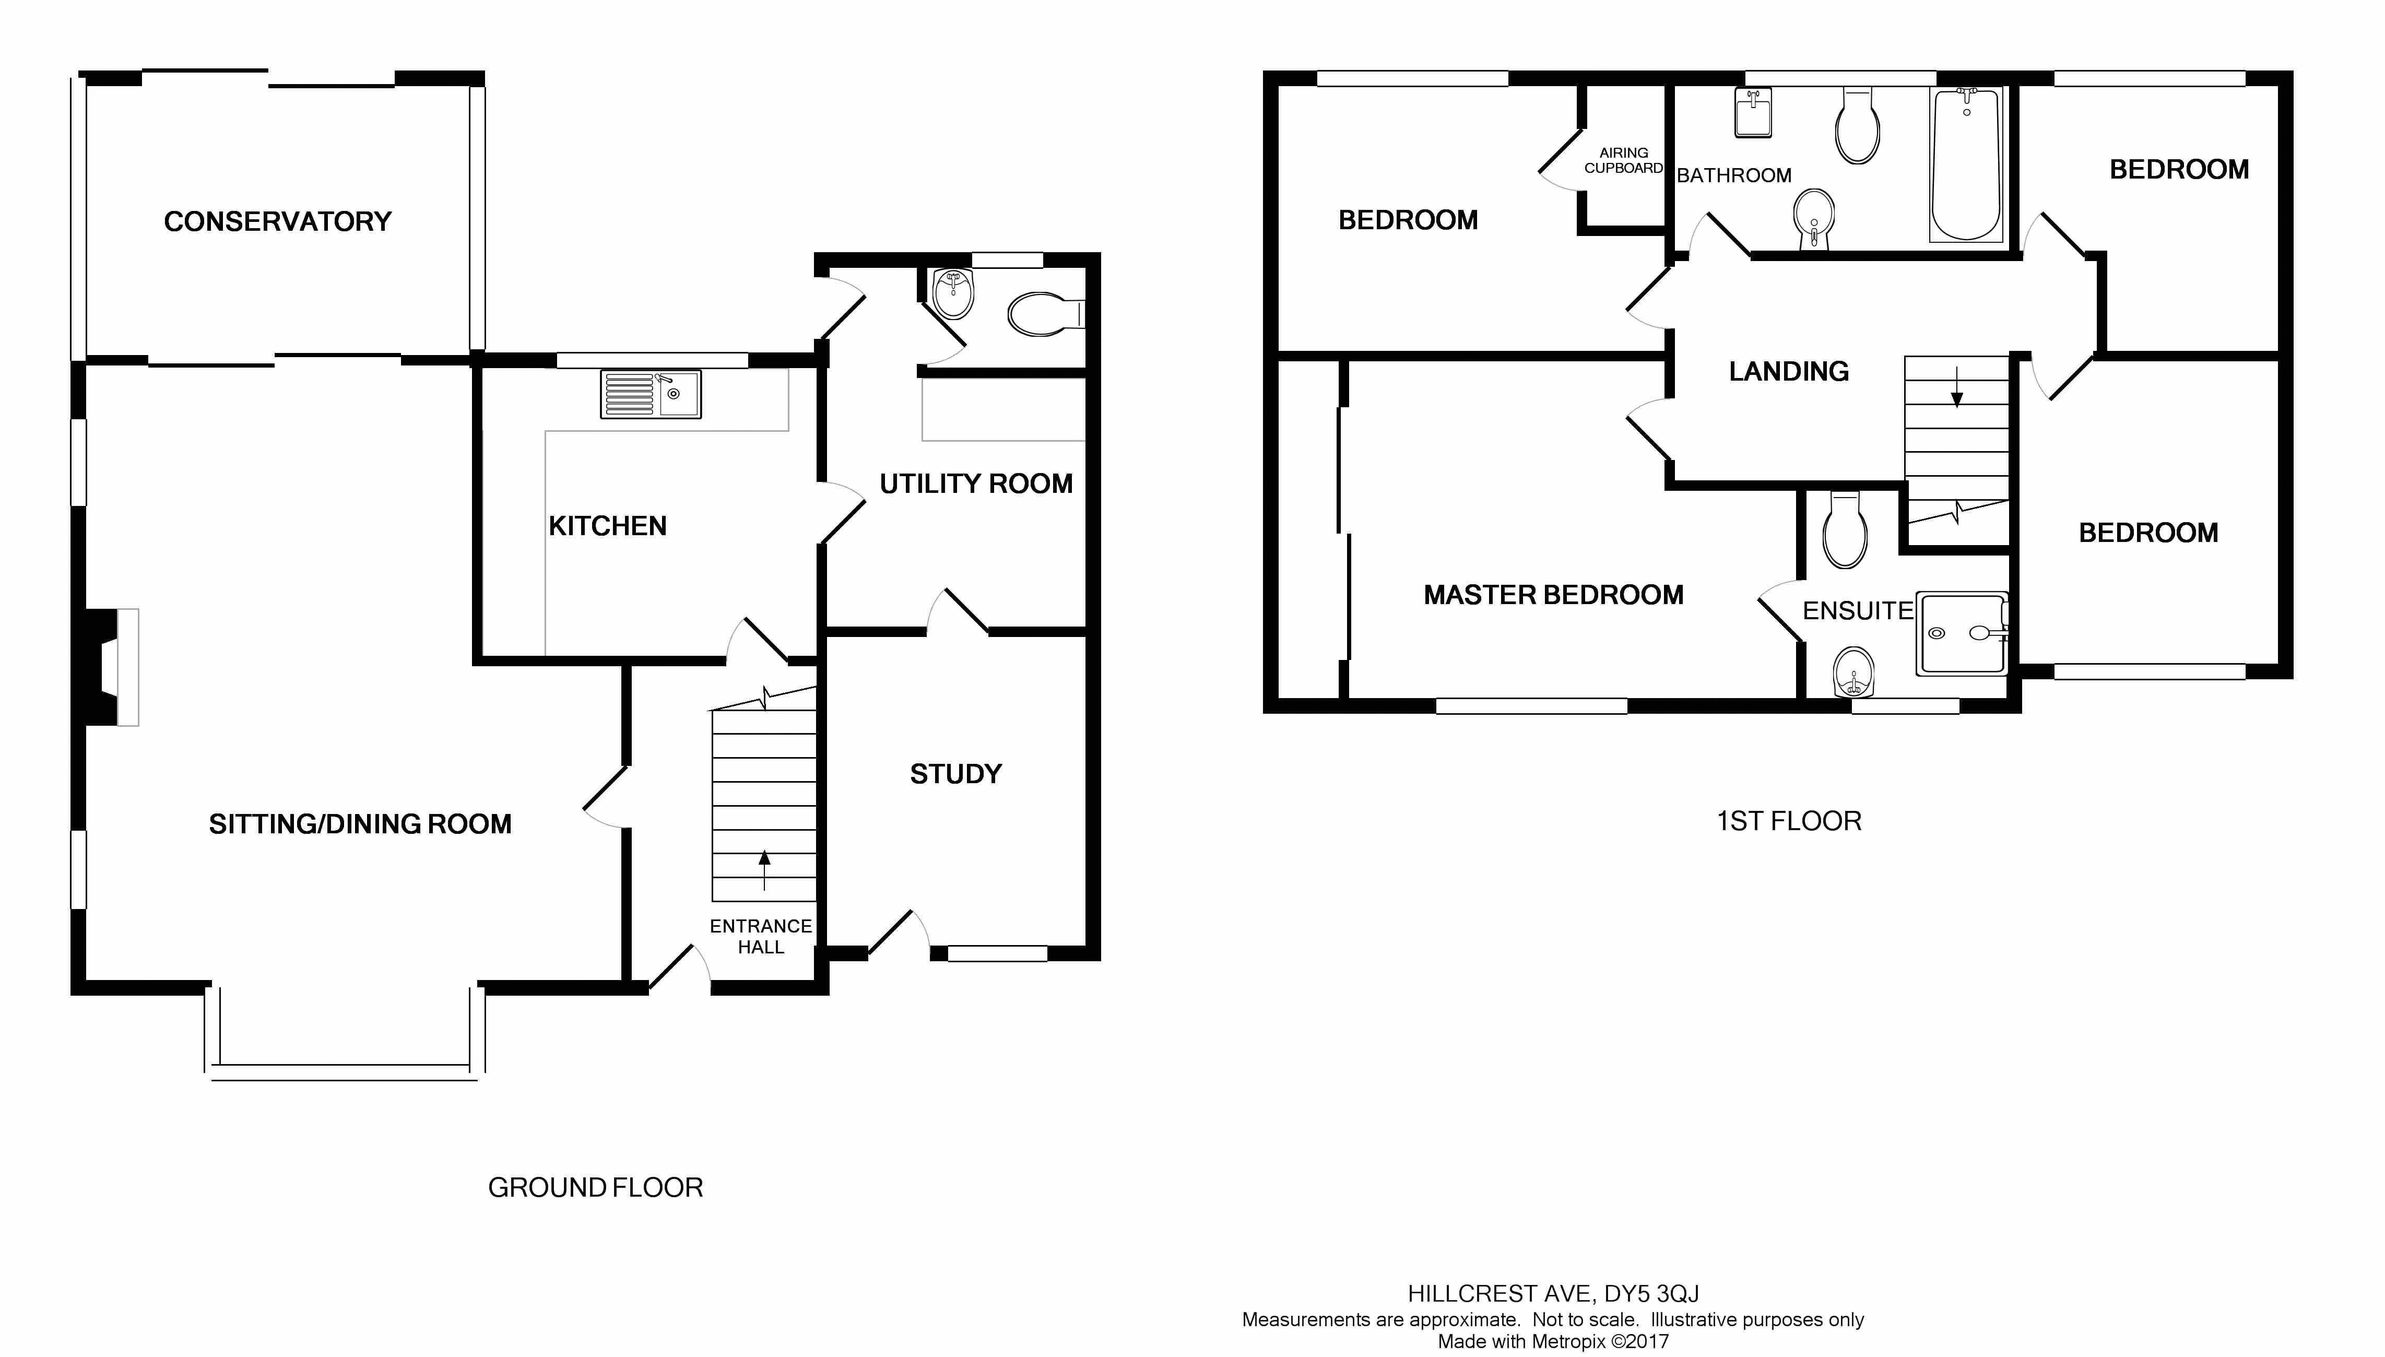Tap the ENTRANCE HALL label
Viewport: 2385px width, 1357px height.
coord(761,936)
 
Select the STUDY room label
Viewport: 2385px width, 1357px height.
coord(955,774)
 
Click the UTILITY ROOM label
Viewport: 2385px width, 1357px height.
coord(976,483)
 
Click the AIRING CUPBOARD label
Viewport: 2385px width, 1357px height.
coord(1624,160)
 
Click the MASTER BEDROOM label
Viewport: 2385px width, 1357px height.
coord(1553,595)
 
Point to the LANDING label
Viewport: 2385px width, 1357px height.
coord(1788,372)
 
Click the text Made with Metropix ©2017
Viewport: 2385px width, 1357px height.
coord(1553,1342)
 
